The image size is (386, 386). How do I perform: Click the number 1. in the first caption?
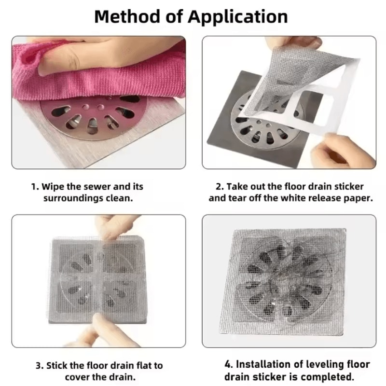35,187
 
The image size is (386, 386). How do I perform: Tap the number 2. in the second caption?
219,187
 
